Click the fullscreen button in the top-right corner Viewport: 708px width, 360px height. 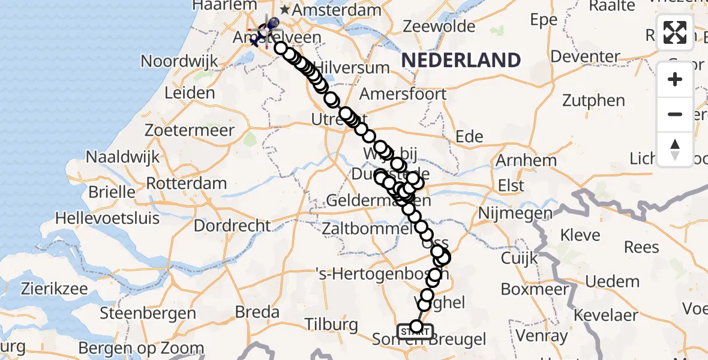click(675, 32)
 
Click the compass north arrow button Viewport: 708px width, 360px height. click(675, 149)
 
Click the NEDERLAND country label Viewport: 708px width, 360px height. click(461, 60)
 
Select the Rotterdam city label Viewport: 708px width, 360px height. click(186, 183)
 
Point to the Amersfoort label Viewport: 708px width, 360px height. click(403, 94)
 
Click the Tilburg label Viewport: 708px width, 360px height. click(331, 325)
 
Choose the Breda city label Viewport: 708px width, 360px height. click(257, 312)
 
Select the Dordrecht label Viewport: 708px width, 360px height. click(233, 226)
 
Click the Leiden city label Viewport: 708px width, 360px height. click(189, 93)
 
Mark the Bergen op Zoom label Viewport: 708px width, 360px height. click(141, 348)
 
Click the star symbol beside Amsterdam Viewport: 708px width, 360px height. click(285, 10)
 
